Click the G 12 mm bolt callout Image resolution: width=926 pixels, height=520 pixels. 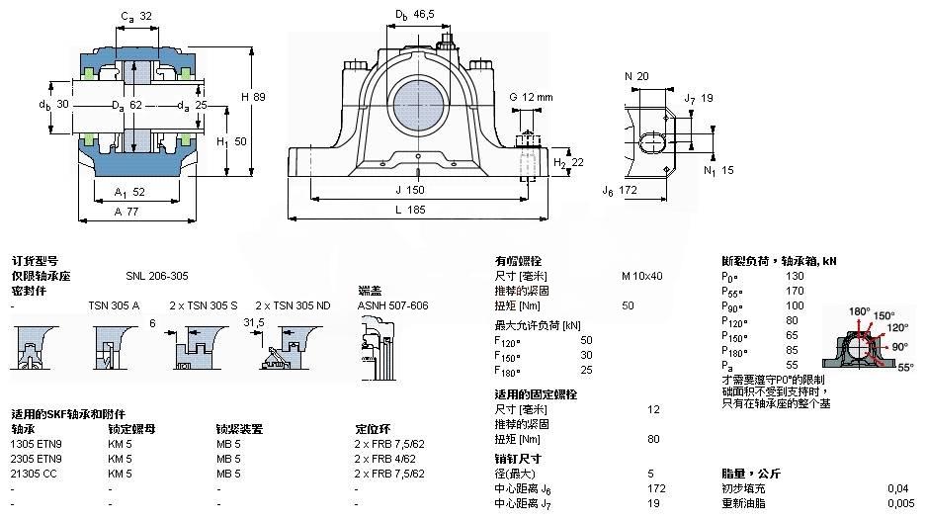point(531,96)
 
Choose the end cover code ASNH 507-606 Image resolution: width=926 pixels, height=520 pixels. point(392,305)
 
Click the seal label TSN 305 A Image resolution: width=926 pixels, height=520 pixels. point(114,305)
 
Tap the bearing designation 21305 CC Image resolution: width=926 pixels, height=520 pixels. point(36,474)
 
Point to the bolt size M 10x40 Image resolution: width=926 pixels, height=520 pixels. point(641,276)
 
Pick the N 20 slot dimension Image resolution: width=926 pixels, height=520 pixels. point(636,76)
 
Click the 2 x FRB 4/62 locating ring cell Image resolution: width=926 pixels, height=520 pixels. point(388,459)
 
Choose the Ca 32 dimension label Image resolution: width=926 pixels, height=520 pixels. point(136,17)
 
